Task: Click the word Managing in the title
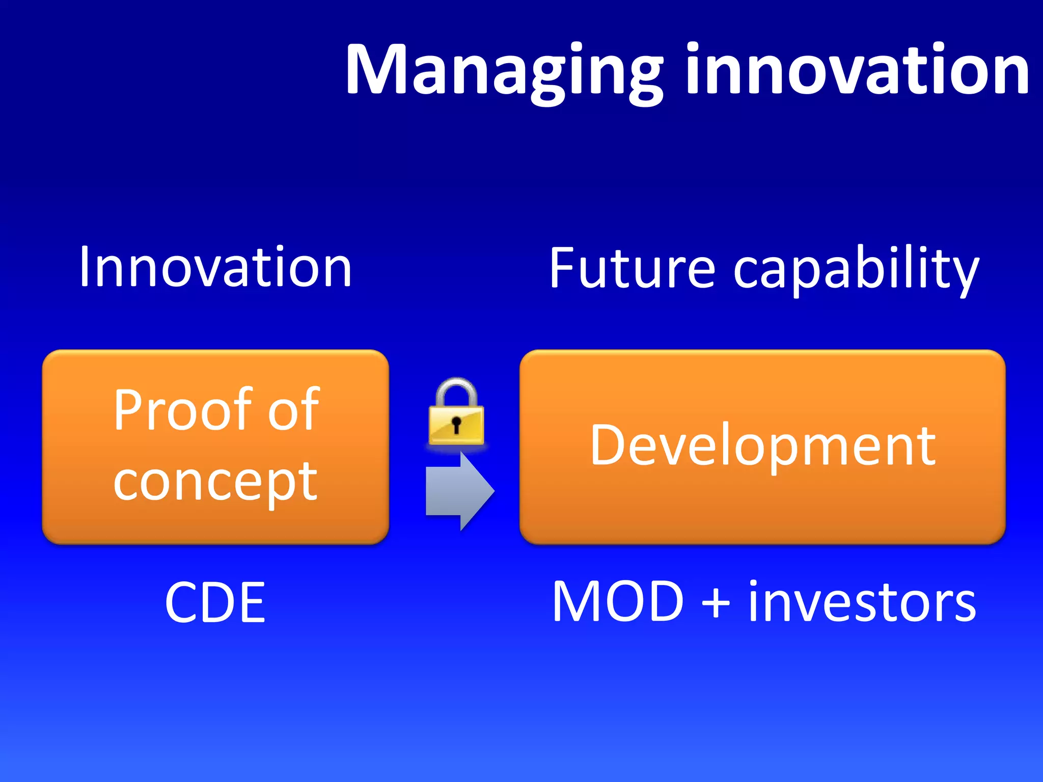pos(504,71)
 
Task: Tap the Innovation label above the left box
pos(215,267)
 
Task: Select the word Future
pos(632,268)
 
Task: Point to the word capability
pos(856,270)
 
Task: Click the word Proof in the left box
pos(181,410)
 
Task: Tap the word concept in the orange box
pos(215,481)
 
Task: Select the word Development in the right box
pos(762,446)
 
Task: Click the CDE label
pos(215,603)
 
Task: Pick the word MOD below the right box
pos(617,602)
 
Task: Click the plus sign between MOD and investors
pos(716,604)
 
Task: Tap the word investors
pos(862,603)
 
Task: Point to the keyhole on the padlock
pos(456,424)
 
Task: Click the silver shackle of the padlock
pos(456,389)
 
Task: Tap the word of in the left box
pos(294,410)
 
